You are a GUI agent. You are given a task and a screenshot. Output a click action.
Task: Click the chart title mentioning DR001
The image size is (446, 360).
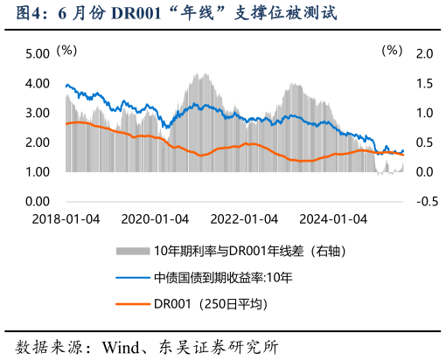(170, 14)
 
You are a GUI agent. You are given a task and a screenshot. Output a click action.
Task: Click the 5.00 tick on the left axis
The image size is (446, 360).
(38, 54)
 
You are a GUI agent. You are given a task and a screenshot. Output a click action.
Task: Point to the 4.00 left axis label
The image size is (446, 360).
(38, 84)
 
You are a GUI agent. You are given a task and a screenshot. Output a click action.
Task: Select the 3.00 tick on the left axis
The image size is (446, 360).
(38, 114)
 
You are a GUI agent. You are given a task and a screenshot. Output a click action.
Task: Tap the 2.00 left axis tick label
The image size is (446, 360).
(38, 142)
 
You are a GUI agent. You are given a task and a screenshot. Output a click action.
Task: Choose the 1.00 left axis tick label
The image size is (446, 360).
(38, 172)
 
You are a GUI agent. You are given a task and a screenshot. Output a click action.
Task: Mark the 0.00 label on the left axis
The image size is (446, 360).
(38, 202)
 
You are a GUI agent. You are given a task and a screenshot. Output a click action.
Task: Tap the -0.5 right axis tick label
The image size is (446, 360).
(424, 202)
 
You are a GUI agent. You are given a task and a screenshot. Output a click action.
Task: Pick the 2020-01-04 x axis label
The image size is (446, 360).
(155, 218)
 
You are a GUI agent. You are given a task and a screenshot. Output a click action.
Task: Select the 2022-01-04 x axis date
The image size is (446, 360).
(244, 218)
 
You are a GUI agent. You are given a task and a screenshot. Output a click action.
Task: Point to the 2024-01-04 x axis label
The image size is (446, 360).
(333, 218)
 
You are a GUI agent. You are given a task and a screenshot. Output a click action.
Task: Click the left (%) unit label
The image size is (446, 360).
(66, 51)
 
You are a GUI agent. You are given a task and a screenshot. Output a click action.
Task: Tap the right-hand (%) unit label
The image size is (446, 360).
(391, 51)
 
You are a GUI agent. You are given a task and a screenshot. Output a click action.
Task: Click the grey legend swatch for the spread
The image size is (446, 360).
(133, 252)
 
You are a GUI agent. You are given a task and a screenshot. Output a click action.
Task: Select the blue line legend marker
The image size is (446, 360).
(133, 278)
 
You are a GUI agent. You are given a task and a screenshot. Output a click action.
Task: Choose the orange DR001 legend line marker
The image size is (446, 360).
(133, 304)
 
